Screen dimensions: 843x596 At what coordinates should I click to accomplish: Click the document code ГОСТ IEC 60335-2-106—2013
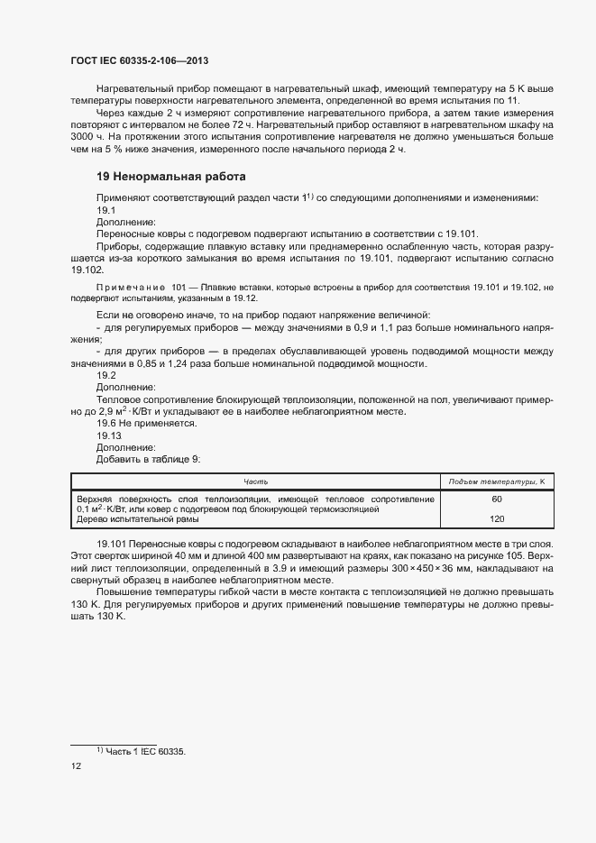click(140, 60)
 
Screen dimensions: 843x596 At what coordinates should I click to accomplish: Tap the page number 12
click(76, 766)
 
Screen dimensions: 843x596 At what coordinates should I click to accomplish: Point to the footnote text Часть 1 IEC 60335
click(145, 751)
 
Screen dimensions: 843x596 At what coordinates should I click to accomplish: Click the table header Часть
click(254, 481)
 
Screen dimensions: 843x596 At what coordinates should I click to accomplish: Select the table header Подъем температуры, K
click(496, 481)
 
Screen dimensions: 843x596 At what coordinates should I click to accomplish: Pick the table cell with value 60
click(496, 499)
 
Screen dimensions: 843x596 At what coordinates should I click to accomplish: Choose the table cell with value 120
click(496, 519)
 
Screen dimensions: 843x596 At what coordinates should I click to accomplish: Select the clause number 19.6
click(107, 423)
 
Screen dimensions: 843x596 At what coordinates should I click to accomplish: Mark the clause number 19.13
click(109, 435)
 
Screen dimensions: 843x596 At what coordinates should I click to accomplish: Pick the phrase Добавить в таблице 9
click(148, 458)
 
